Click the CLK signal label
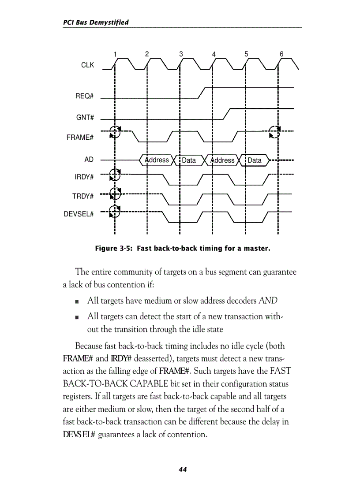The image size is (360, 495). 87,65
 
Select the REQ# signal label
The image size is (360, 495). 84,97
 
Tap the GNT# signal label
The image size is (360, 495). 85,117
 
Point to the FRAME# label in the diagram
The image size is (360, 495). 80,138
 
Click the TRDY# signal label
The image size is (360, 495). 83,196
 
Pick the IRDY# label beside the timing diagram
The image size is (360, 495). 84,177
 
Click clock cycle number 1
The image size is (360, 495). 115,54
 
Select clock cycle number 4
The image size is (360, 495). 214,54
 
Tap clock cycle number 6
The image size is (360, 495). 281,54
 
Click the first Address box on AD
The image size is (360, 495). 157,160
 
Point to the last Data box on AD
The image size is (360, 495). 254,160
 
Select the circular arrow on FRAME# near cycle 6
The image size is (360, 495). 274,131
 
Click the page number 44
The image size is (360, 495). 183,470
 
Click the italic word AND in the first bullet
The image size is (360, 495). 268,301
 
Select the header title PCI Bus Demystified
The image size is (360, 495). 96,22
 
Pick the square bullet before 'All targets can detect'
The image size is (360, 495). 77,316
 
